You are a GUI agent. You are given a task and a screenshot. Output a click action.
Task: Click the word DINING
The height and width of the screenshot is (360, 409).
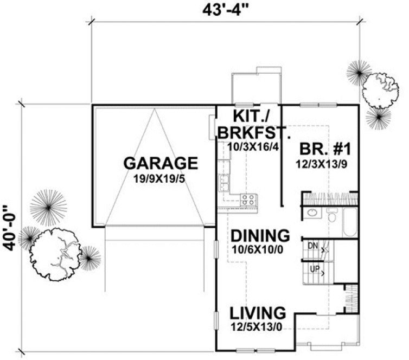pyautogui.click(x=259, y=236)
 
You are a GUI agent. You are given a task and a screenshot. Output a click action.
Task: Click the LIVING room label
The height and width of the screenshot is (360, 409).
pyautogui.click(x=257, y=313)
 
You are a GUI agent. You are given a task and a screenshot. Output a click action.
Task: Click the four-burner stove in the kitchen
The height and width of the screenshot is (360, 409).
pyautogui.click(x=248, y=198)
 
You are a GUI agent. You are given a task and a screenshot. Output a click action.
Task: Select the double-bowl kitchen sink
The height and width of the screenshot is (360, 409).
pyautogui.click(x=222, y=183)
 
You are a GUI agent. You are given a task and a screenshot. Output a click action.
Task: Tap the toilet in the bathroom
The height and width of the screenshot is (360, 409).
pyautogui.click(x=333, y=216)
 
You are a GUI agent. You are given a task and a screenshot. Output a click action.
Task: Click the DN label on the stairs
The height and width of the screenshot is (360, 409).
pyautogui.click(x=311, y=246)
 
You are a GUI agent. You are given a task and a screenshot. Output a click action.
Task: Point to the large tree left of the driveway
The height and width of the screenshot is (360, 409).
pyautogui.click(x=56, y=251)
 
